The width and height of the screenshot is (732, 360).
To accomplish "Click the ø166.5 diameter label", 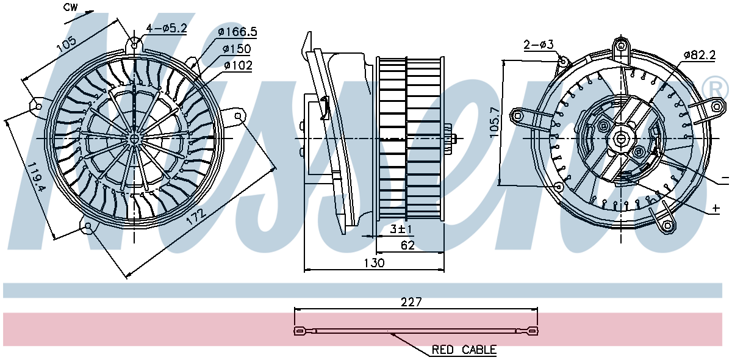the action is (x=237, y=32).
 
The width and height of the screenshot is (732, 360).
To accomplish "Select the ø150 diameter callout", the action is (x=237, y=49).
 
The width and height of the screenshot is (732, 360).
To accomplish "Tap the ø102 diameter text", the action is (x=239, y=65).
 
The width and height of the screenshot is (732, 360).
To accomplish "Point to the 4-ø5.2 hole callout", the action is (x=167, y=28).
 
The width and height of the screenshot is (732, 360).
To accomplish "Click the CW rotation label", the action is (x=70, y=7).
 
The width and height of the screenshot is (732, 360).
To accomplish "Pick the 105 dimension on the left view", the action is (x=66, y=44).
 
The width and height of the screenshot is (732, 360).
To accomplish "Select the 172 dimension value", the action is (x=196, y=216).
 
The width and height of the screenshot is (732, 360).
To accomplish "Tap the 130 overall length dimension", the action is (x=374, y=262).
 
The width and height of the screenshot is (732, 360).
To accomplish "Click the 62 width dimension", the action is (x=407, y=245).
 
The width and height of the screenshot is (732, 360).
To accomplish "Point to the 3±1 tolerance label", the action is (x=401, y=229).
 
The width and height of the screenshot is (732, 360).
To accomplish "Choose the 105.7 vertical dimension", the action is (x=495, y=122).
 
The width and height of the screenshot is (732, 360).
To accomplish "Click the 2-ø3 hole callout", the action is (x=539, y=44).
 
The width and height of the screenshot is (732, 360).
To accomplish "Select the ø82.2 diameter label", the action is (x=699, y=54).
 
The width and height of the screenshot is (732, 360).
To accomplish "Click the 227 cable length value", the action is (x=411, y=302).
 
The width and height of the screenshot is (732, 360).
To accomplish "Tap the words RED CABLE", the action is (x=464, y=350).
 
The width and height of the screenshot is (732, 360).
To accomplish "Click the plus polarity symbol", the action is (x=716, y=208).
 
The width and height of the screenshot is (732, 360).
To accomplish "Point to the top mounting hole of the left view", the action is (x=134, y=45).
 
